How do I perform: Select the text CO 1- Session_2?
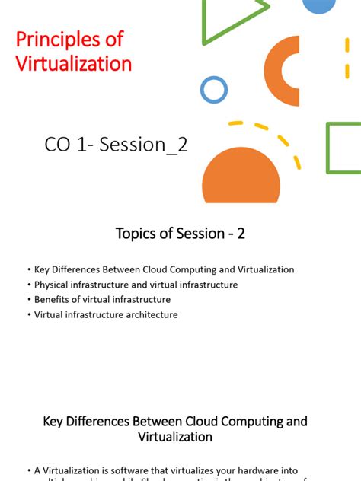116,145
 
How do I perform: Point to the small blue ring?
214,90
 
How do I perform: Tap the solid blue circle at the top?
319,5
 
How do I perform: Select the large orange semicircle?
241,177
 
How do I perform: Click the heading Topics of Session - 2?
180,234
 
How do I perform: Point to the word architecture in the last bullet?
151,314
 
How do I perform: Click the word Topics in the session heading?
136,234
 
